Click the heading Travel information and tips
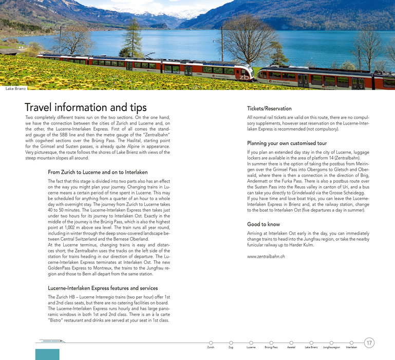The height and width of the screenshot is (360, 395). click(x=86, y=107)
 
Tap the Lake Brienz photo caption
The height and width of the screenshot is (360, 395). click(x=16, y=89)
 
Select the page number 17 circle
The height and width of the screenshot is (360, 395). click(x=369, y=343)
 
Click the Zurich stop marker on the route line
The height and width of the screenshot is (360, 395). click(x=211, y=343)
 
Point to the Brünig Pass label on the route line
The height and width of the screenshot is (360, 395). click(x=271, y=348)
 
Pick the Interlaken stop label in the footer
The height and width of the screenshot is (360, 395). click(x=351, y=348)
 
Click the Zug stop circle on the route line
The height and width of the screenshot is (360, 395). click(x=231, y=343)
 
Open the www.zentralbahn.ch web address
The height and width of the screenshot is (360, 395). click(x=266, y=256)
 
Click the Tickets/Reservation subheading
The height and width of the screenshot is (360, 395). click(x=269, y=109)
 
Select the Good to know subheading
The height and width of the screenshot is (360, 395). click(x=264, y=224)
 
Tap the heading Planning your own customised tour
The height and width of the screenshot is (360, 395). click(x=287, y=143)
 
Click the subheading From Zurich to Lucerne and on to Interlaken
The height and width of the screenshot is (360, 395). click(x=98, y=172)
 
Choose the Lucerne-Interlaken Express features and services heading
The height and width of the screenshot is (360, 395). click(x=103, y=288)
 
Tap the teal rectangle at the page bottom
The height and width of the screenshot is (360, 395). click(x=47, y=354)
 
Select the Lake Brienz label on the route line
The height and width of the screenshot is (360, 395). click(x=311, y=348)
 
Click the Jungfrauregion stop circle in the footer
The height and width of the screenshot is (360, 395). click(x=331, y=343)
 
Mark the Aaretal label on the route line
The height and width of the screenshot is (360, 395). click(x=291, y=348)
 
